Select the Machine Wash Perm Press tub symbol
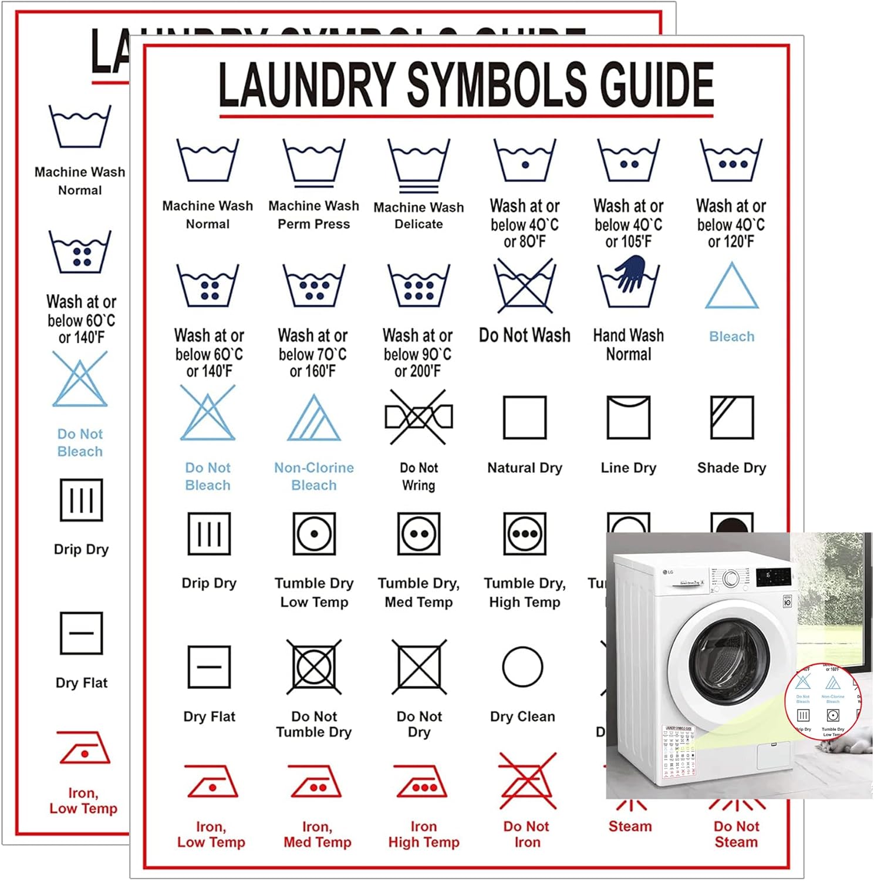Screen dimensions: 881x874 tap(314, 161)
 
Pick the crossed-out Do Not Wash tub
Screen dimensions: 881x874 tap(525, 286)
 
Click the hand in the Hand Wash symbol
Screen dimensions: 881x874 tap(630, 272)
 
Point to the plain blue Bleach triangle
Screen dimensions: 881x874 tap(731, 288)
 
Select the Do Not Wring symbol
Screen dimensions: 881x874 tap(419, 417)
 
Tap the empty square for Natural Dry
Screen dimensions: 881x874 tap(525, 418)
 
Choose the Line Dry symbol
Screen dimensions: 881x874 tap(628, 418)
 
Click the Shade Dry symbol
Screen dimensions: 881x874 tap(731, 418)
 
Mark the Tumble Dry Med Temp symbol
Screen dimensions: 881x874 tap(419, 534)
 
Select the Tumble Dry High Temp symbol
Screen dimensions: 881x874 tap(525, 534)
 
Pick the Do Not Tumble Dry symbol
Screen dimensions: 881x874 tap(314, 667)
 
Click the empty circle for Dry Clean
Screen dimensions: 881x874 tap(522, 667)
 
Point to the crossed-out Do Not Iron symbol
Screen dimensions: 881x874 tap(527, 782)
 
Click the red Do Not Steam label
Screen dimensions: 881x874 tap(736, 834)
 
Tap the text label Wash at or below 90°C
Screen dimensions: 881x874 tap(417, 353)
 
